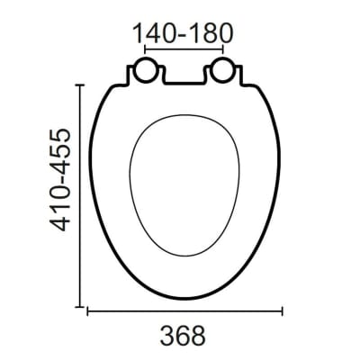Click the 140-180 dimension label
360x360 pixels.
[x=183, y=32]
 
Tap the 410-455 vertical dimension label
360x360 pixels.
[x=60, y=180]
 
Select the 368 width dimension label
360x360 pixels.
[x=183, y=335]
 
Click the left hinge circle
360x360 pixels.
[x=145, y=70]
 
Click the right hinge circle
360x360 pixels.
[x=222, y=70]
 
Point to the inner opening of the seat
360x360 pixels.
[x=184, y=185]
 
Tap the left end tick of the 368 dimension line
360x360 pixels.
[x=87, y=311]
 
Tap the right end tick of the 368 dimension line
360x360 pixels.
[x=282, y=311]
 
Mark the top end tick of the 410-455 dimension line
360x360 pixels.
[x=79, y=85]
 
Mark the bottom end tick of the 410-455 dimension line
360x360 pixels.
[x=79, y=307]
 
